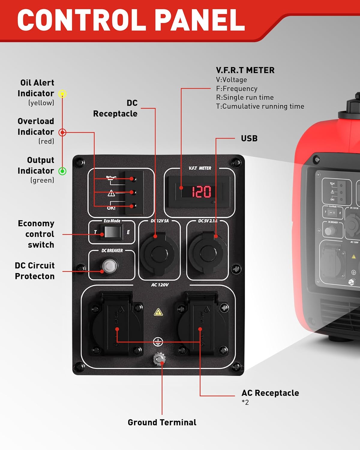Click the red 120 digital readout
[201, 192]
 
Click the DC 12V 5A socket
[159, 253]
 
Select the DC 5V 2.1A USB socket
[207, 253]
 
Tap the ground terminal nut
[159, 359]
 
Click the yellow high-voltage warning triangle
[158, 313]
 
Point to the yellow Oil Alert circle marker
[62, 94]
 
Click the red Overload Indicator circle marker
[62, 132]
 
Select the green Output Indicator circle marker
[62, 171]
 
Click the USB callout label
[249, 138]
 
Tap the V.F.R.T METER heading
[245, 70]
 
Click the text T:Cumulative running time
[260, 106]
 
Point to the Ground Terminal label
[162, 422]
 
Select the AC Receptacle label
[270, 393]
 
